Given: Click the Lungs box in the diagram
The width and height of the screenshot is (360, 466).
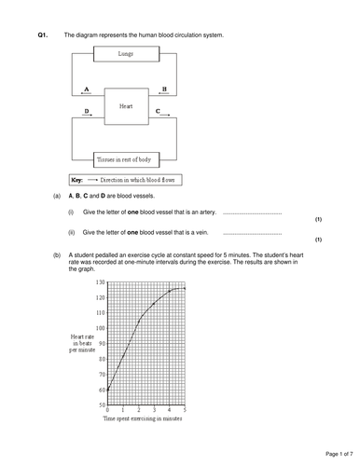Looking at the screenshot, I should [x=126, y=54].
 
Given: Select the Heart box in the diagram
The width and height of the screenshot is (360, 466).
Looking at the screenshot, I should [x=125, y=106].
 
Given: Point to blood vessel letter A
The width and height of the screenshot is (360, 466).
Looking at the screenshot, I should [x=86, y=90].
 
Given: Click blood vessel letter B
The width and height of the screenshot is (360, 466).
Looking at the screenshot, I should [x=164, y=90].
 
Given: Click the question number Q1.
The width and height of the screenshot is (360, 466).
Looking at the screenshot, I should [x=42, y=34].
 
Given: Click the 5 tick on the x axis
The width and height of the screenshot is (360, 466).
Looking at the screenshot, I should [x=185, y=411].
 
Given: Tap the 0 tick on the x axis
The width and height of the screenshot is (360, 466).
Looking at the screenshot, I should [x=108, y=411].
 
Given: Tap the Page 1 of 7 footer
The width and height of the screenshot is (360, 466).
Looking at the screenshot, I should [x=328, y=452].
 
